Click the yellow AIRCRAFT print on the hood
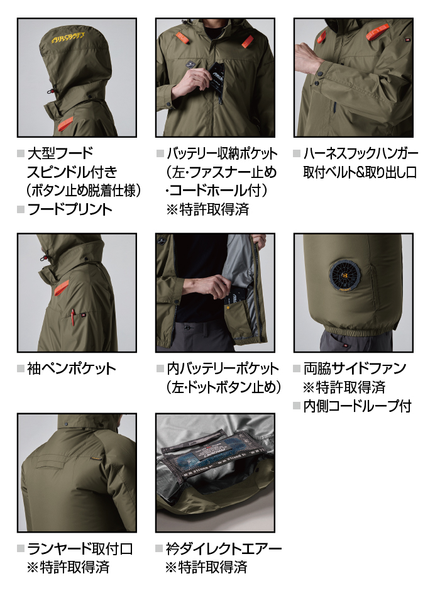68,38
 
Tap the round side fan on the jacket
344,275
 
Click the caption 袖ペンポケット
72,369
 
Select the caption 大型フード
60,153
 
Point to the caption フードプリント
70,209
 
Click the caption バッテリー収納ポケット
223,153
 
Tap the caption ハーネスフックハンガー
361,153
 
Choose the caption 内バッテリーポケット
223,369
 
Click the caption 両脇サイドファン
355,369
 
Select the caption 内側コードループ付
357,406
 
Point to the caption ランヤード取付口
80,548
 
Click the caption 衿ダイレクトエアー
224,548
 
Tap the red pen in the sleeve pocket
74,316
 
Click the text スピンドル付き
72,172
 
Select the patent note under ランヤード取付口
68,567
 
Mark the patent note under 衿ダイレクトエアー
206,567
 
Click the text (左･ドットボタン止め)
224,387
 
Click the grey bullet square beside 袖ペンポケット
21,369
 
